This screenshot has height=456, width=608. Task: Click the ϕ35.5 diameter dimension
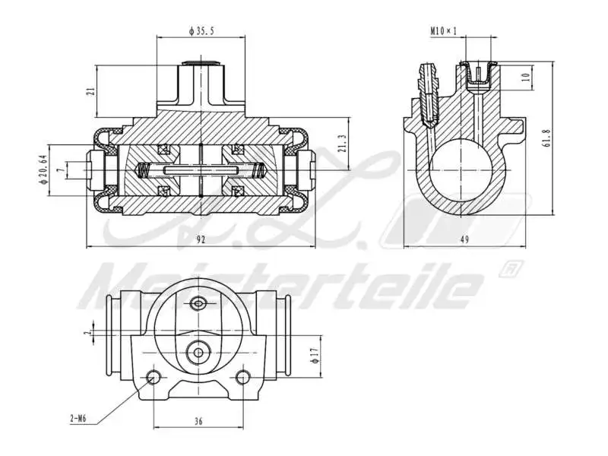click(x=201, y=31)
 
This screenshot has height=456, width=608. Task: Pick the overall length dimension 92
click(x=201, y=239)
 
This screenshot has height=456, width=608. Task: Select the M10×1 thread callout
click(x=443, y=31)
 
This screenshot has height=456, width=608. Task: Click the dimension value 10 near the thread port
click(x=525, y=77)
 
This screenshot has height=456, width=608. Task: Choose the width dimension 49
click(x=463, y=239)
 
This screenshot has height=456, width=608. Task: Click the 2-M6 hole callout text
click(x=78, y=417)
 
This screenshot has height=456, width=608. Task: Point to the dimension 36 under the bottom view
click(x=198, y=420)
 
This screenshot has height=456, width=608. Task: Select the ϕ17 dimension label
click(x=314, y=354)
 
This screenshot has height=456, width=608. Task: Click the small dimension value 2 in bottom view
click(x=89, y=332)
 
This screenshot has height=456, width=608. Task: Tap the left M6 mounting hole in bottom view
click(x=154, y=377)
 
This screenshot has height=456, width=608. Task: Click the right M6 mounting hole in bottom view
click(x=242, y=377)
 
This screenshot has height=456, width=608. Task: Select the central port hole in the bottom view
click(x=198, y=351)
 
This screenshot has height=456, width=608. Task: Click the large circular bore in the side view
click(x=463, y=169)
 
